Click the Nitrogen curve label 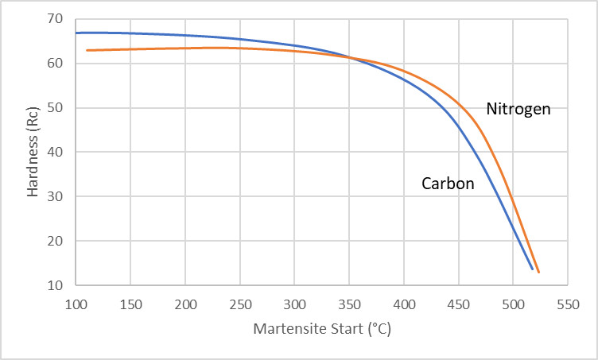tap(518, 109)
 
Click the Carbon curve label tap(448, 184)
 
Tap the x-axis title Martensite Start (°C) tap(322, 327)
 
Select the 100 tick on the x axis tap(76, 303)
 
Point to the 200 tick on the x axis tap(185, 303)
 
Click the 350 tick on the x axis tap(349, 303)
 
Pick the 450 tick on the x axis tap(458, 303)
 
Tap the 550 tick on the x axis tap(567, 303)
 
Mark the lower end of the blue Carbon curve tap(533, 269)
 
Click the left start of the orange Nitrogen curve tap(87, 50)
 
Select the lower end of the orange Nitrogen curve tap(538, 273)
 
